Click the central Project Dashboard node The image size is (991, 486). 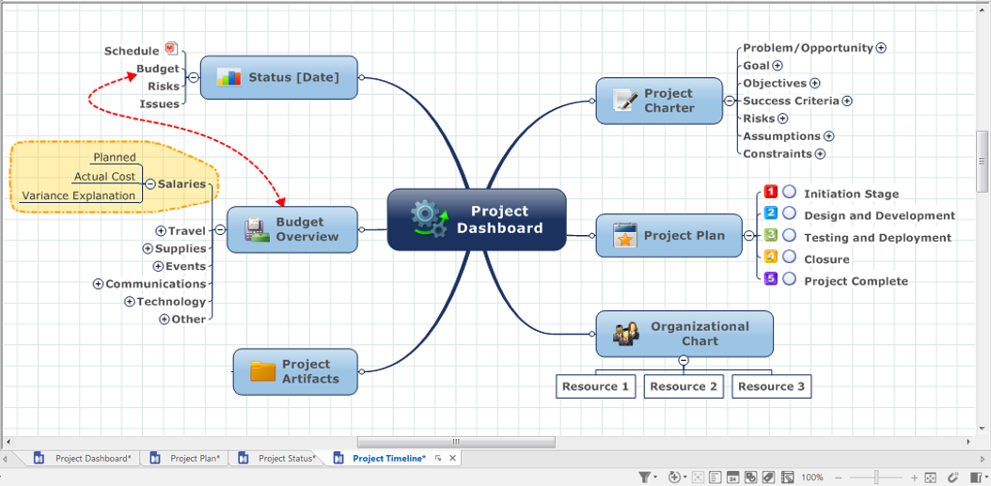tap(477, 219)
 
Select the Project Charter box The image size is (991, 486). tap(659, 101)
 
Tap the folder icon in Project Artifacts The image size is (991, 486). tap(263, 371)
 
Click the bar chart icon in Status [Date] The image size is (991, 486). tap(228, 77)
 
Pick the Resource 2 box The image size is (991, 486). tap(684, 386)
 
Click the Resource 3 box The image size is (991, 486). tap(772, 386)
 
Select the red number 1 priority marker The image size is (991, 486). tap(770, 192)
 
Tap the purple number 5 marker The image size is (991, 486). tap(770, 278)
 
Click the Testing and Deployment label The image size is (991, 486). tap(877, 238)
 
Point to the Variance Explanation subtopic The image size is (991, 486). tap(79, 196)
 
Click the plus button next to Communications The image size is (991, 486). tap(98, 285)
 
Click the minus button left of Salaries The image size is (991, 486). tap(150, 184)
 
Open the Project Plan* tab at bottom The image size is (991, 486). tap(187, 458)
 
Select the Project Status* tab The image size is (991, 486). tap(277, 458)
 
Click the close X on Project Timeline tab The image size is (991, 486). tap(452, 458)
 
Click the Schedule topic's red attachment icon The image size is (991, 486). tap(171, 48)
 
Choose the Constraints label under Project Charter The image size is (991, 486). tap(778, 153)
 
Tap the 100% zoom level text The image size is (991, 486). tap(812, 478)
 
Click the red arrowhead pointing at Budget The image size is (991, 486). tap(132, 75)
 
